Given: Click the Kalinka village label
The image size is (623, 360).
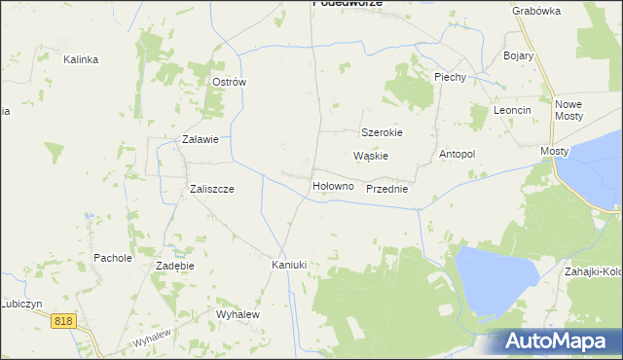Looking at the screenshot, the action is [81, 59].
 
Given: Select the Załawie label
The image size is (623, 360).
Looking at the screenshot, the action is [201, 139].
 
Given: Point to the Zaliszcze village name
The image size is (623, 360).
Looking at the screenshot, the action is [211, 190].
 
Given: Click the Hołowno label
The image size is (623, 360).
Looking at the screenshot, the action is [332, 186].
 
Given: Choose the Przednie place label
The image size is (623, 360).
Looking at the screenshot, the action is [386, 190].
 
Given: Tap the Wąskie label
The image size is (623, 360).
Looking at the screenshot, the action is [371, 156].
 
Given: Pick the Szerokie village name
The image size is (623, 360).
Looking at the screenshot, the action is [382, 132].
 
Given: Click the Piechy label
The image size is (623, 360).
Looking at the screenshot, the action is [451, 77].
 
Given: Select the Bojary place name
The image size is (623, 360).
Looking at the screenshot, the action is [519, 55].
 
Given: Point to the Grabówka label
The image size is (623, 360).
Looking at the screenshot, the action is [536, 11].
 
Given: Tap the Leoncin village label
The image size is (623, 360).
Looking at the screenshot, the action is [512, 110].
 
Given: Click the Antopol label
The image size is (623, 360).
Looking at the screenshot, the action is [457, 154].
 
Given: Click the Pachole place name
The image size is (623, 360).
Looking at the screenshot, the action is [112, 258].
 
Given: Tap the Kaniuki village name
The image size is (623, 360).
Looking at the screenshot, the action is [289, 265].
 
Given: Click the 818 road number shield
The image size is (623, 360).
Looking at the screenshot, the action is [64, 321].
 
